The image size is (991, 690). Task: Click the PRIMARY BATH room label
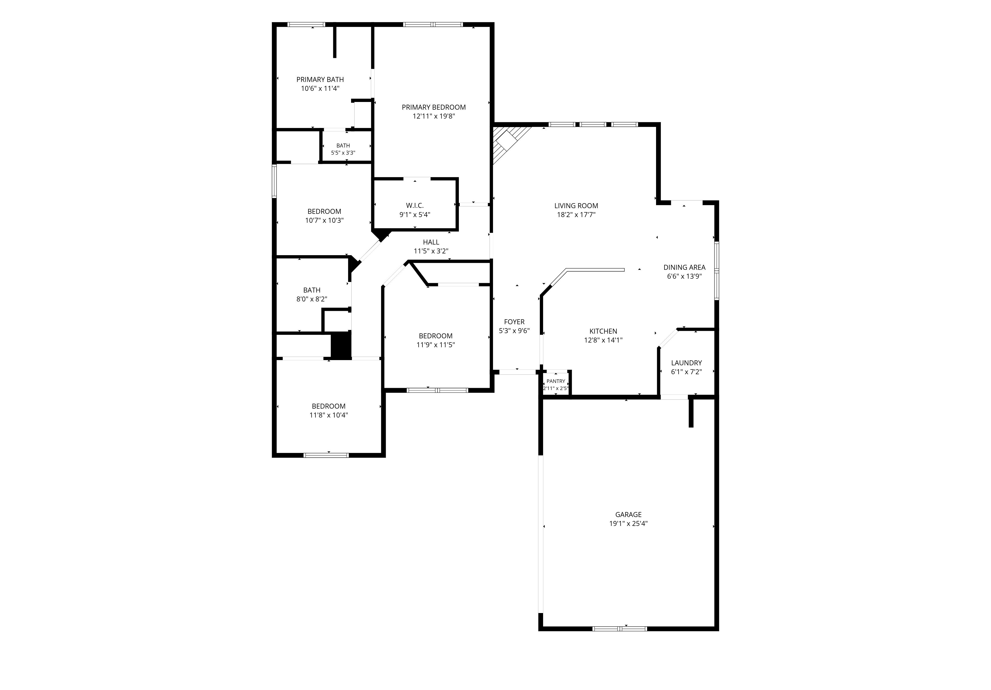coord(320,79)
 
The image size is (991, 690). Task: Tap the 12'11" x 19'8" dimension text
coord(434,116)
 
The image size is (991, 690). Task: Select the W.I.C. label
coord(415,205)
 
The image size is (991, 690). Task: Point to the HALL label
coord(431,242)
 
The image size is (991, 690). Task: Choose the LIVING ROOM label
coord(576,206)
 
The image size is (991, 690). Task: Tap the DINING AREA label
coord(685,267)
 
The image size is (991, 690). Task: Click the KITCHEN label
coord(604,331)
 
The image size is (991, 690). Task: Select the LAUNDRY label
coord(686,363)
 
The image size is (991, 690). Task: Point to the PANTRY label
coord(556,381)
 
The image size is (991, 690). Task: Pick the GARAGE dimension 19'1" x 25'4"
coord(629,523)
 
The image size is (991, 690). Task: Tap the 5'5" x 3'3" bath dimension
coord(343,153)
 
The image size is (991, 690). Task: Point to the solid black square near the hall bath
coord(341,345)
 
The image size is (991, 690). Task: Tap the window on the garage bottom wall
coord(620,628)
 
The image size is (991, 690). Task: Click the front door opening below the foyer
coord(518,372)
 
